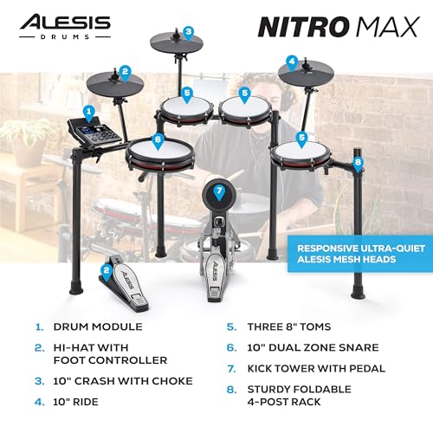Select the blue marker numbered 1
pyautogui.click(x=87, y=111)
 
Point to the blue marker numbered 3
pyautogui.click(x=188, y=33)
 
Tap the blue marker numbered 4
pyautogui.click(x=293, y=61)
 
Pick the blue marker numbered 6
pyautogui.click(x=157, y=138)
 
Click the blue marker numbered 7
pyautogui.click(x=219, y=191)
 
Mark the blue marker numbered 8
pyautogui.click(x=358, y=161)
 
